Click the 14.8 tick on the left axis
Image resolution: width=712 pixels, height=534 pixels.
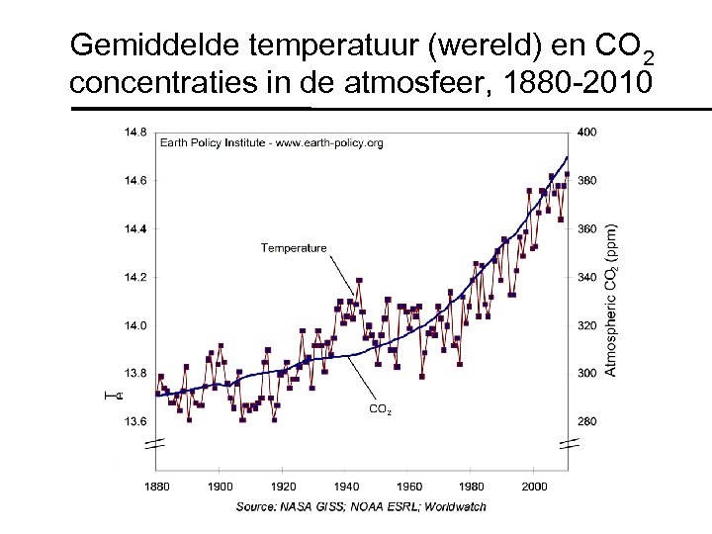pyautogui.click(x=136, y=132)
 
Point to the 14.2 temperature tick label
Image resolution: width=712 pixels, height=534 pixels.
pyautogui.click(x=136, y=277)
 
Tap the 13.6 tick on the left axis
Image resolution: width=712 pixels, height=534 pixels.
pyautogui.click(x=136, y=421)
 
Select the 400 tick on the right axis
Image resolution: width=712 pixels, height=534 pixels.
pyautogui.click(x=587, y=132)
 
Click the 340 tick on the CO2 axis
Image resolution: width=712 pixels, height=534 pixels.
pyautogui.click(x=587, y=277)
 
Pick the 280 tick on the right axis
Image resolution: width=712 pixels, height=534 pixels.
pyautogui.click(x=587, y=421)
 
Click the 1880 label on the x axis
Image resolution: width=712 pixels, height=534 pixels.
pyautogui.click(x=156, y=487)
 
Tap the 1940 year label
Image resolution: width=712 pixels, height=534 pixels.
pyautogui.click(x=346, y=487)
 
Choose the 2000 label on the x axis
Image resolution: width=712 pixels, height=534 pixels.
pyautogui.click(x=535, y=487)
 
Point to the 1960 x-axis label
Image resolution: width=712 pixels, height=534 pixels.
pyautogui.click(x=409, y=487)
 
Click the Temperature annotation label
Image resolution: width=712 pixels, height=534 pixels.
pyautogui.click(x=294, y=248)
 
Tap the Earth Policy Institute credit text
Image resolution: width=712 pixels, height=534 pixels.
pyautogui.click(x=272, y=143)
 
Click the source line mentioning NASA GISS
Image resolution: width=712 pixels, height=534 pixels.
pyautogui.click(x=360, y=506)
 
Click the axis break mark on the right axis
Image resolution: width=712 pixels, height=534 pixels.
pyautogui.click(x=567, y=445)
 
